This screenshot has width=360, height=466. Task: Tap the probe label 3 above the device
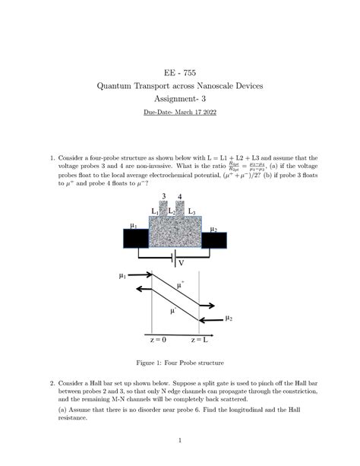[x=164, y=197]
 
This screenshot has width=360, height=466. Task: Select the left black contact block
[x=136, y=238]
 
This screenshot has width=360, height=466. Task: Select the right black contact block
[x=213, y=239]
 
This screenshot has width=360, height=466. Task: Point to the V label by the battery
[x=181, y=263]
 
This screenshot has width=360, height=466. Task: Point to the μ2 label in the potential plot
[x=229, y=319]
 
